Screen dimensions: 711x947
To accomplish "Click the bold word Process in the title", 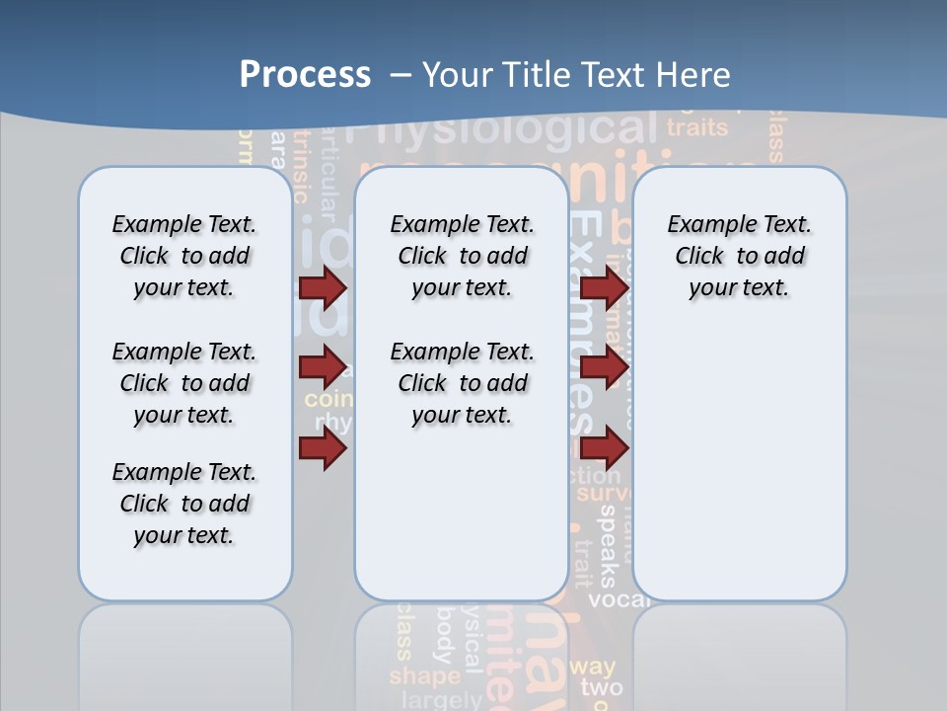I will (305, 75).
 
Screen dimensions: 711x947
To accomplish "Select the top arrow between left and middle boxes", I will (323, 288).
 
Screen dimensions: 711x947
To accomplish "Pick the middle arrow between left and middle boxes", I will (323, 368).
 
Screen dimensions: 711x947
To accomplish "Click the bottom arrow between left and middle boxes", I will (323, 449).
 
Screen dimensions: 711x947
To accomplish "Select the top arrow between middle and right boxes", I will (604, 288).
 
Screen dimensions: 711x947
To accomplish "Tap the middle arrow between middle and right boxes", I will (604, 368).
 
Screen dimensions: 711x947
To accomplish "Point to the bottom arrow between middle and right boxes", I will (604, 449).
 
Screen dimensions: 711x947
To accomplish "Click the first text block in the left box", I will (184, 256).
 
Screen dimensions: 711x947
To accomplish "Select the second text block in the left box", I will (184, 383).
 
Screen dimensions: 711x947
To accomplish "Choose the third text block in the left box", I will (184, 504).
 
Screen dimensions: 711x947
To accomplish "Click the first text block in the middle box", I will (462, 256).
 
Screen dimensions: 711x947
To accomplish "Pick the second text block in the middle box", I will (462, 383).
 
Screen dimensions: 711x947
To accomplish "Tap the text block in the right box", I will (739, 256).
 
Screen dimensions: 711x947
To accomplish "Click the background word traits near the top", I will (696, 127).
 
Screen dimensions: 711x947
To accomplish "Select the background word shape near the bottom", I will (424, 676).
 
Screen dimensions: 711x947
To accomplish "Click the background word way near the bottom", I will (592, 667).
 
